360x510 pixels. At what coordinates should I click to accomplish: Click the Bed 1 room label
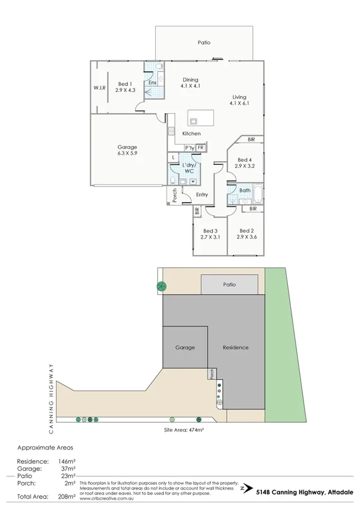(x=124, y=87)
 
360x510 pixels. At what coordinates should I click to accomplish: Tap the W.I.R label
(x=99, y=88)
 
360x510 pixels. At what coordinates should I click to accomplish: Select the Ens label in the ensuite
(x=153, y=82)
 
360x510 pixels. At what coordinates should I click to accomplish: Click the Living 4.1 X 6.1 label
(x=239, y=100)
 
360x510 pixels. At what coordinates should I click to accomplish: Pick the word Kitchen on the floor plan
(x=191, y=134)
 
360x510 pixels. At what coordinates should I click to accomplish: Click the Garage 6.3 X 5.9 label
(x=127, y=150)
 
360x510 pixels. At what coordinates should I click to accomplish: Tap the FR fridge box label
(x=201, y=148)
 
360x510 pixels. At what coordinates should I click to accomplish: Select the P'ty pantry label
(x=189, y=148)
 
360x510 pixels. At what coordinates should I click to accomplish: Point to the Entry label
(x=202, y=194)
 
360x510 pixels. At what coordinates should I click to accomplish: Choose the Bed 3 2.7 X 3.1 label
(x=210, y=234)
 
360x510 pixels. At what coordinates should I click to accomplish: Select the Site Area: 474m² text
(x=185, y=431)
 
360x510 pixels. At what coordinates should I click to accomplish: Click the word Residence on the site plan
(x=235, y=348)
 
